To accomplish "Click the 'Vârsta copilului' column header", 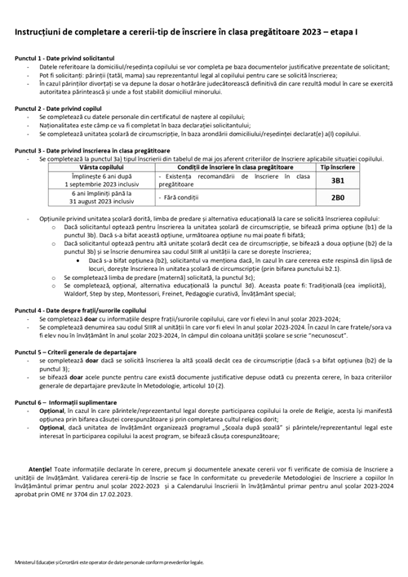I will click(x=95, y=166).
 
